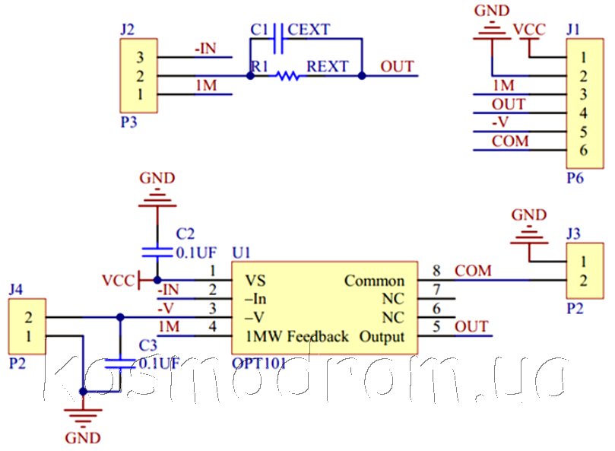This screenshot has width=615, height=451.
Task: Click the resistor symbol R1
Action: click(x=287, y=75)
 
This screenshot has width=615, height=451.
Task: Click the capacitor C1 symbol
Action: click(x=278, y=39)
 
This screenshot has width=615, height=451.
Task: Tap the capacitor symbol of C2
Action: click(x=157, y=252)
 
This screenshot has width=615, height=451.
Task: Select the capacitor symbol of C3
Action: click(x=120, y=364)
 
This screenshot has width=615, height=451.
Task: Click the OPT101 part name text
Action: click(x=258, y=364)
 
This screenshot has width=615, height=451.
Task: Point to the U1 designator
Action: click(x=241, y=252)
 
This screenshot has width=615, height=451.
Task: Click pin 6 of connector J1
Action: click(x=583, y=150)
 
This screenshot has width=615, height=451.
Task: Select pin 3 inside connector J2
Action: click(x=140, y=57)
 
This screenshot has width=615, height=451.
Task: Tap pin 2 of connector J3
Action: click(x=583, y=280)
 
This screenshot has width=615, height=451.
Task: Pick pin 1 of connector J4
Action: click(x=28, y=336)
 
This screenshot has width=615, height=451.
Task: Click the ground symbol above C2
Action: click(x=157, y=199)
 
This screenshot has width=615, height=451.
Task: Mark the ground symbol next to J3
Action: click(x=529, y=237)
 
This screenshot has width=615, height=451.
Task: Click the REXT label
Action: click(x=328, y=66)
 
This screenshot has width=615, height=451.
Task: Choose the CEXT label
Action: click(x=309, y=30)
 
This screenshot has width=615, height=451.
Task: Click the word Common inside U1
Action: click(x=374, y=281)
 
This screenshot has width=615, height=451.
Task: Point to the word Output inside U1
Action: click(x=382, y=337)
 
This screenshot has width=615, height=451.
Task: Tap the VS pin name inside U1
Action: click(x=255, y=281)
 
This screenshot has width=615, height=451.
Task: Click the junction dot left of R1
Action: click(x=250, y=75)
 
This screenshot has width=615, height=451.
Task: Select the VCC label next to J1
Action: click(x=530, y=30)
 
